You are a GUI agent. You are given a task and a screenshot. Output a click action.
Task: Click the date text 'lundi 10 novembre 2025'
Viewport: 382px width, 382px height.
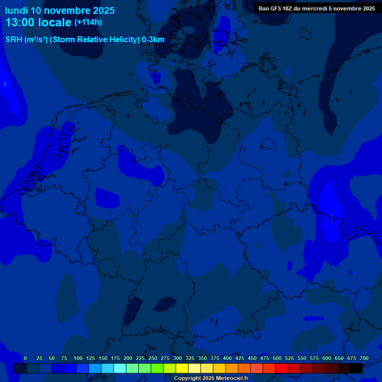point(60,10)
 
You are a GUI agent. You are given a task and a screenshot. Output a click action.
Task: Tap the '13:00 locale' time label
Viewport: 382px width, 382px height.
point(38,22)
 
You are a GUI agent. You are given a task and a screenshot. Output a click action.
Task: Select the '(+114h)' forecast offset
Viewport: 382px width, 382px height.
point(88,22)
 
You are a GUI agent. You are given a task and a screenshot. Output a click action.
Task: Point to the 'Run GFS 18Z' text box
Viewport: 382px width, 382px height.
point(317,8)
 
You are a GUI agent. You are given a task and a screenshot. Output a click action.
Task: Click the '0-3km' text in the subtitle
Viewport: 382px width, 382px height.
point(153,40)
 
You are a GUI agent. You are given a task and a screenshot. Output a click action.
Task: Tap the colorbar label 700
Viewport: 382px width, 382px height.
point(364,358)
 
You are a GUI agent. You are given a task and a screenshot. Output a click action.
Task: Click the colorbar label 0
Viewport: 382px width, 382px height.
point(25,358)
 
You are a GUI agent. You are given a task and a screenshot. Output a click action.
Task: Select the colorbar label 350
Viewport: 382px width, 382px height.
point(202,358)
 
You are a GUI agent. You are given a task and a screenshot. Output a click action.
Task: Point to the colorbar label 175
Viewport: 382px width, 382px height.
point(115,358)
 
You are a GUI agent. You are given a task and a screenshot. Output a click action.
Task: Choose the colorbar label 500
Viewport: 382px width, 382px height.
point(277,358)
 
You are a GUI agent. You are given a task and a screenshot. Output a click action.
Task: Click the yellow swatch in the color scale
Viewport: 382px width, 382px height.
point(182,369)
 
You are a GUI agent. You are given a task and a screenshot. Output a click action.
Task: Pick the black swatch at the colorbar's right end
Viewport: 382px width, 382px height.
point(356,369)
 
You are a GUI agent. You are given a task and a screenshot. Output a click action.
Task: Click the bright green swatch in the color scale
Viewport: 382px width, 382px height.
point(157,369)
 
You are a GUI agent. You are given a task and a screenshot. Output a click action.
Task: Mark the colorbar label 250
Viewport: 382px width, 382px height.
point(153,358)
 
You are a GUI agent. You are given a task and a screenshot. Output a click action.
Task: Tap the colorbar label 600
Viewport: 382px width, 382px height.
point(327,358)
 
